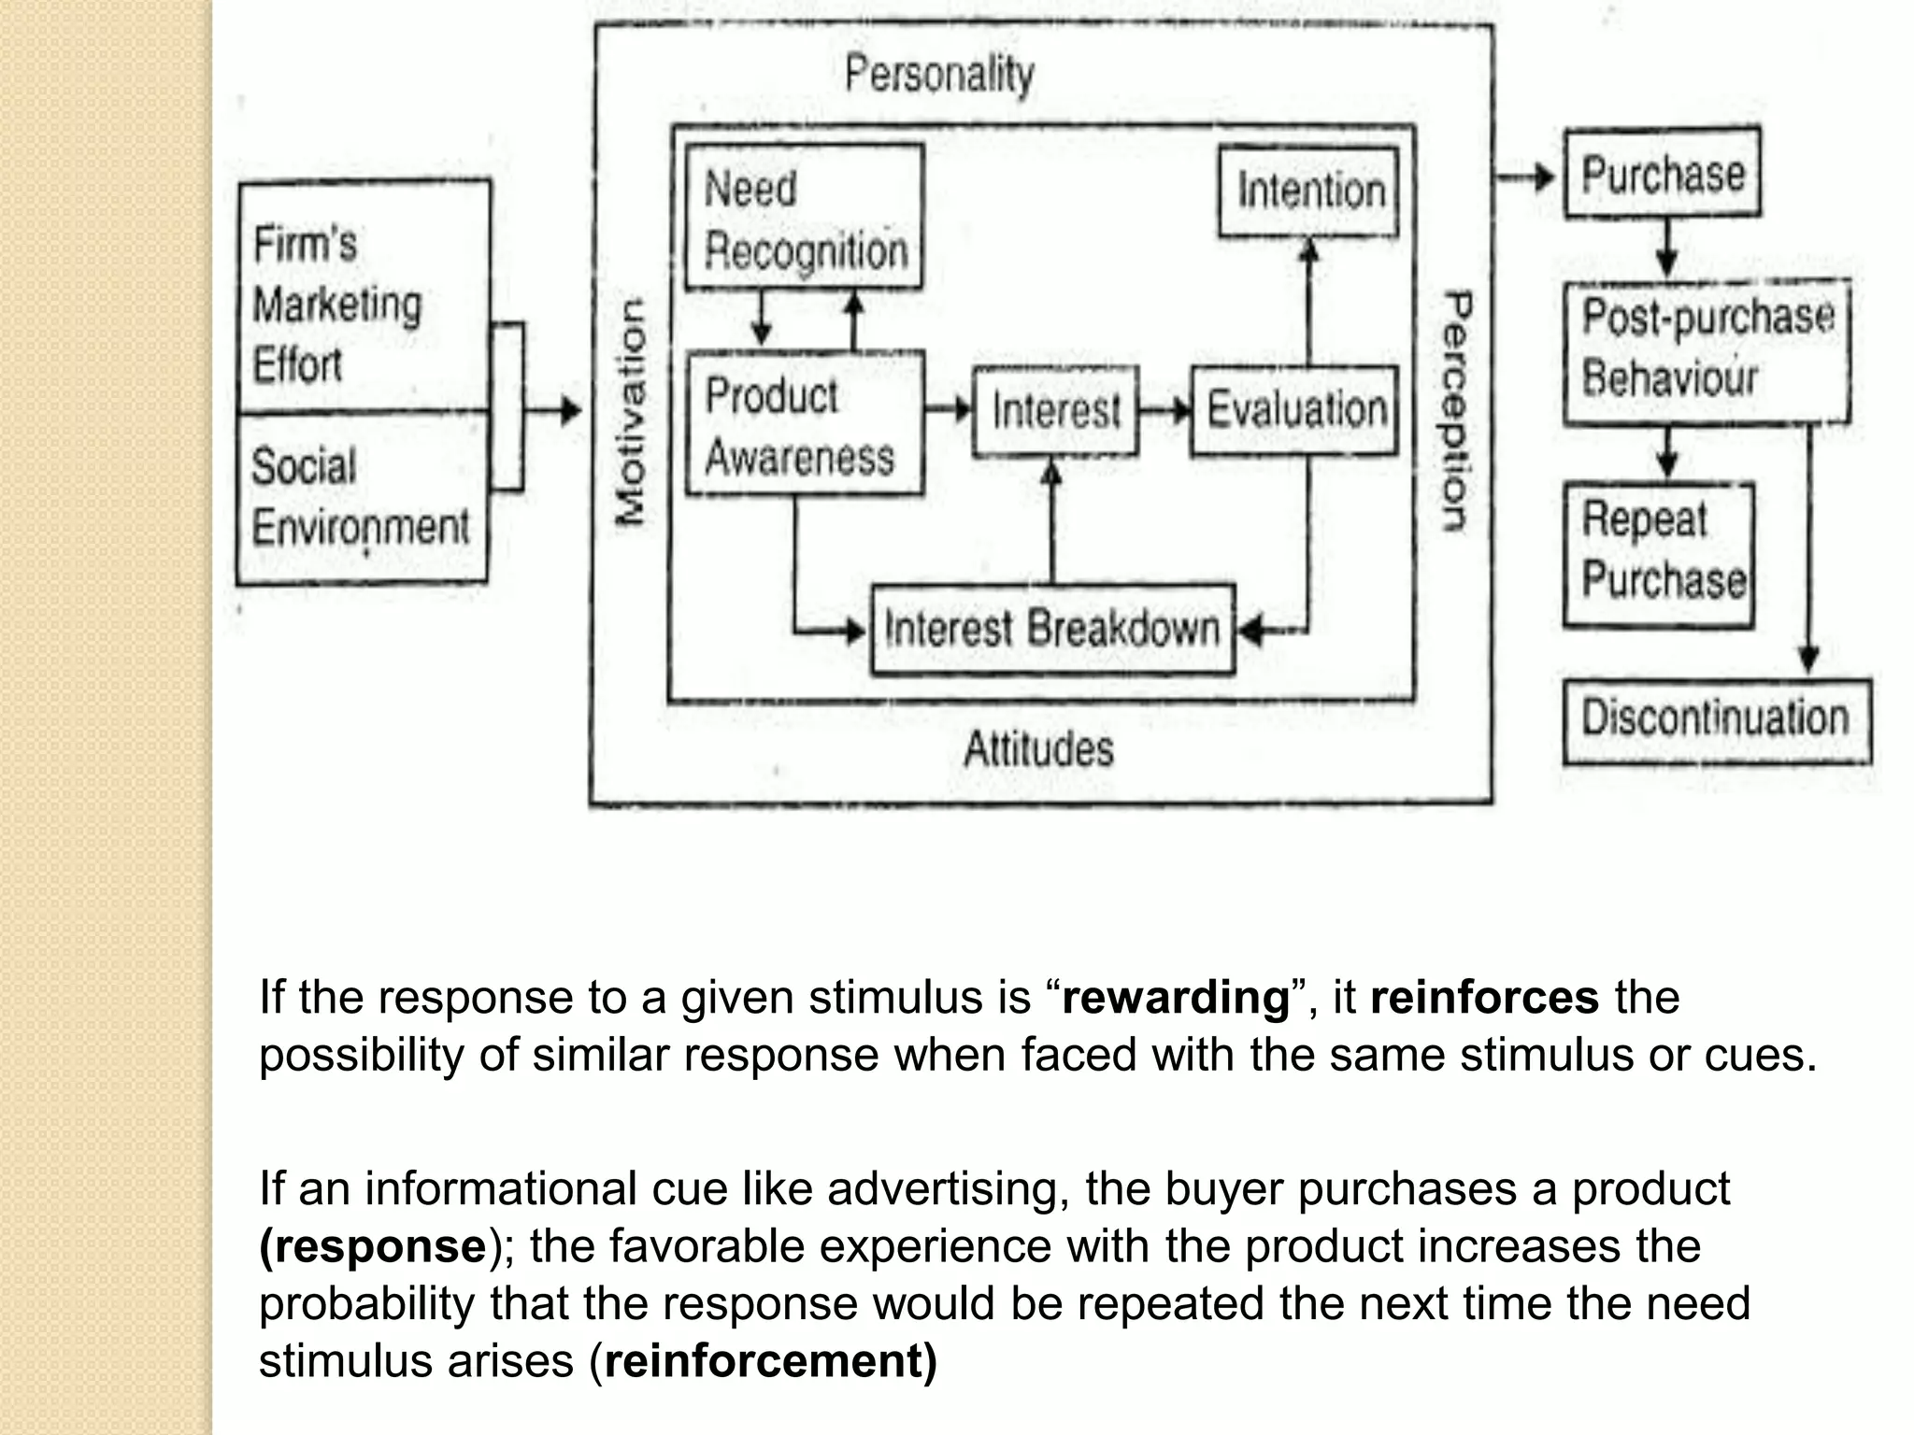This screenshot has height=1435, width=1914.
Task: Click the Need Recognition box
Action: pyautogui.click(x=805, y=218)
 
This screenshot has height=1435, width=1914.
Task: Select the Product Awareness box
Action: pyautogui.click(x=805, y=423)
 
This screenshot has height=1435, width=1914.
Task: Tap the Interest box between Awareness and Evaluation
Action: pyautogui.click(x=1055, y=411)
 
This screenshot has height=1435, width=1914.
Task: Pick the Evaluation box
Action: pyautogui.click(x=1295, y=411)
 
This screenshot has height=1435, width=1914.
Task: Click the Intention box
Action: pyautogui.click(x=1309, y=191)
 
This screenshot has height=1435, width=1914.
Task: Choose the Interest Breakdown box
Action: pyautogui.click(x=1052, y=629)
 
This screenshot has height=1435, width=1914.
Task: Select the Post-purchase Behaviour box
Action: pyautogui.click(x=1707, y=351)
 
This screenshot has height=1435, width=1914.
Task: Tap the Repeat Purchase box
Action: pyautogui.click(x=1660, y=553)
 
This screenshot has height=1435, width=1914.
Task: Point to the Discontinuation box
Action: pyautogui.click(x=1716, y=720)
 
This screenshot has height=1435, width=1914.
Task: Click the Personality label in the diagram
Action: pyautogui.click(x=939, y=75)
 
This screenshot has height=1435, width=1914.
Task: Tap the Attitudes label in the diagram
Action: pyautogui.click(x=1038, y=749)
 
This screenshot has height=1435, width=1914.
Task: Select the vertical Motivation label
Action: pyautogui.click(x=632, y=412)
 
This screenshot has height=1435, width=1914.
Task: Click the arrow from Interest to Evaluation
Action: pyautogui.click(x=1165, y=410)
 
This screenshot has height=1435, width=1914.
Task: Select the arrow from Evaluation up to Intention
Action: pyautogui.click(x=1309, y=299)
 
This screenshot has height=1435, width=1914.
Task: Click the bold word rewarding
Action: pyautogui.click(x=1176, y=998)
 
